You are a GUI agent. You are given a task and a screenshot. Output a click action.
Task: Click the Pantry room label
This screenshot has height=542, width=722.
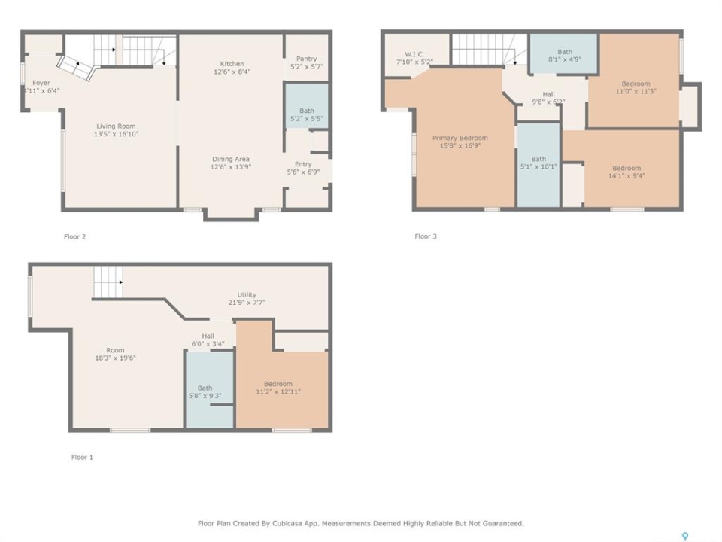[x=307, y=59]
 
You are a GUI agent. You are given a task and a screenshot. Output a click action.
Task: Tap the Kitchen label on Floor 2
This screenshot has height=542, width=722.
[x=232, y=63]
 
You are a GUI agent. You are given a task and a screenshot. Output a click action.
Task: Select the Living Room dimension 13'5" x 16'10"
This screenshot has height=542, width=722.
[x=116, y=134]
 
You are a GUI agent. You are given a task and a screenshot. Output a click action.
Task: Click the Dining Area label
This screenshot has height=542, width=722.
[x=231, y=159]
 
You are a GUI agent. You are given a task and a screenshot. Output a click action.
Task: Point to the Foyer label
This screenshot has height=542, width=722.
[x=41, y=83]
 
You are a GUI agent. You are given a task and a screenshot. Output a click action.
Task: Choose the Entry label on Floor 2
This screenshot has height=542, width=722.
[x=303, y=164]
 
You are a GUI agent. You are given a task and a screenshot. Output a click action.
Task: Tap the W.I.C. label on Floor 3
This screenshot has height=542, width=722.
[x=414, y=54]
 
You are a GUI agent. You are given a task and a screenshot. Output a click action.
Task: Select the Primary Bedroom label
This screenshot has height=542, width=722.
[x=460, y=138]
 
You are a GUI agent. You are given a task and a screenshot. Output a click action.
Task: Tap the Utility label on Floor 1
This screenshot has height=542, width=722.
[x=247, y=294]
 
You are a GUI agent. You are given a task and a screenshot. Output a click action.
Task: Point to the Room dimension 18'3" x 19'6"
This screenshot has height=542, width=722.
[x=116, y=358]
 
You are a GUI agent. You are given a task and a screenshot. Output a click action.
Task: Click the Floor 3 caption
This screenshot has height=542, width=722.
[x=426, y=236]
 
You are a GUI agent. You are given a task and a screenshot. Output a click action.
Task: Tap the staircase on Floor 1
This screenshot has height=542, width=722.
[x=108, y=282]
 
